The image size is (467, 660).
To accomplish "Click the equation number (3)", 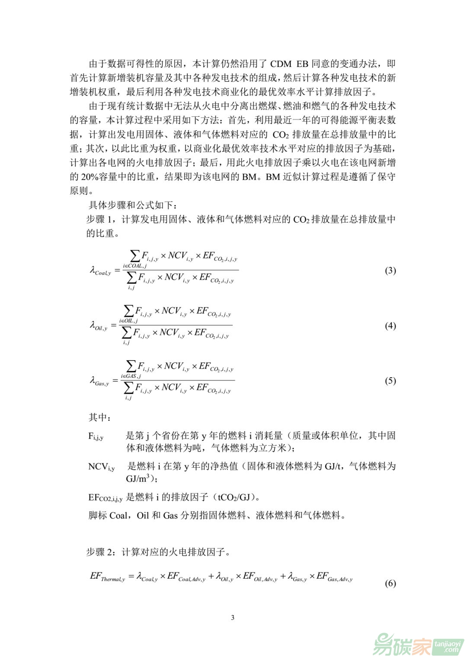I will [390, 271].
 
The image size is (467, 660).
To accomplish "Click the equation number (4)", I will [390, 325].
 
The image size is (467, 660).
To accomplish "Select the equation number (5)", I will [390, 380].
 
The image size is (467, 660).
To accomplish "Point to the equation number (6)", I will [390, 583].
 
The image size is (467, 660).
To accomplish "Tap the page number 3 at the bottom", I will [233, 617].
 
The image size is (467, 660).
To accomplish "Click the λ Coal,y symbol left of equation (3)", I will [100, 271].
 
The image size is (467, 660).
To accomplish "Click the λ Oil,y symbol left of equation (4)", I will [98, 326].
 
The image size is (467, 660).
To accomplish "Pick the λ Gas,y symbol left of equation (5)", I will [99, 381].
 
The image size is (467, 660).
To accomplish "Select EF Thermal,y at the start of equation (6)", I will [107, 577].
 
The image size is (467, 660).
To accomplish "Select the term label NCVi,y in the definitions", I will [101, 467].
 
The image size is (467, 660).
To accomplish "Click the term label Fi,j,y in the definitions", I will [96, 436].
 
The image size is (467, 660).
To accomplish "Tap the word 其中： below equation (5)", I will [100, 418].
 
